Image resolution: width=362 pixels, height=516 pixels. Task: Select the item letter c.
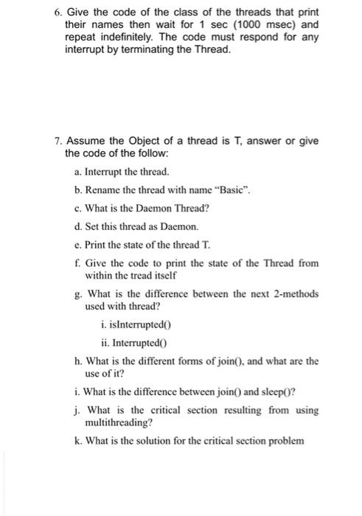(x=77, y=209)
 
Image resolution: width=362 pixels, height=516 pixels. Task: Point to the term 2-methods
(x=293, y=293)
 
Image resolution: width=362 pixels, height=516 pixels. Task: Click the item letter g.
(x=77, y=293)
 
